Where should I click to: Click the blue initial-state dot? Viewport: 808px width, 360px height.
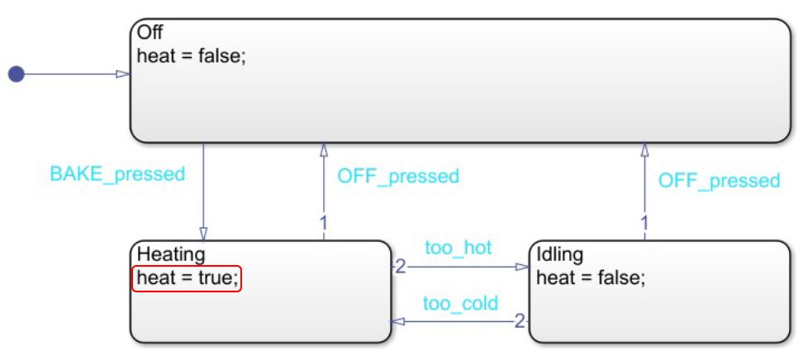[16, 74]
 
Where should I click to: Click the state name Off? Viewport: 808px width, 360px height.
[150, 32]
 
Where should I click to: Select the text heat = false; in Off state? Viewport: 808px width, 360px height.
[191, 58]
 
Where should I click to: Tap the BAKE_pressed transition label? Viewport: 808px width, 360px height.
[117, 174]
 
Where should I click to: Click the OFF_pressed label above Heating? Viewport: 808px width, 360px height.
[397, 175]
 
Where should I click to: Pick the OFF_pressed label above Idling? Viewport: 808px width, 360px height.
[718, 180]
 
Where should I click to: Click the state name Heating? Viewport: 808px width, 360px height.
[170, 254]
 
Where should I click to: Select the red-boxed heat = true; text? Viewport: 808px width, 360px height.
[187, 278]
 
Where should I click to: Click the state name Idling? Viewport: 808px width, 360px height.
[560, 254]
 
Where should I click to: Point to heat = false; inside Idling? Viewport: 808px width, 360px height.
[590, 277]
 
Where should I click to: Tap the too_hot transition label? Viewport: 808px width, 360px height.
[458, 248]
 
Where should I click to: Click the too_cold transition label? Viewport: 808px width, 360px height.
[460, 303]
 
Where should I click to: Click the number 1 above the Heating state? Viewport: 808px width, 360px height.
[323, 222]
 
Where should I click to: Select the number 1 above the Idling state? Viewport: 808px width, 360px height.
[644, 222]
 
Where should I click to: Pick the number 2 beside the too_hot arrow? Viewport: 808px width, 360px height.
[400, 266]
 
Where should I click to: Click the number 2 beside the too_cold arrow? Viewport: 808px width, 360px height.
[520, 320]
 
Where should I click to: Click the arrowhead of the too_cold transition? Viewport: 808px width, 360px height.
[397, 321]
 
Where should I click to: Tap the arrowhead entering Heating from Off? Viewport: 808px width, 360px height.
[203, 234]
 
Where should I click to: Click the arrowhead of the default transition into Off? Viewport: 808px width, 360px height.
[123, 74]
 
